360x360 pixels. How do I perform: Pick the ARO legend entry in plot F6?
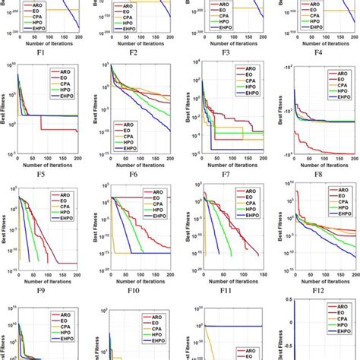tap(134, 123)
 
